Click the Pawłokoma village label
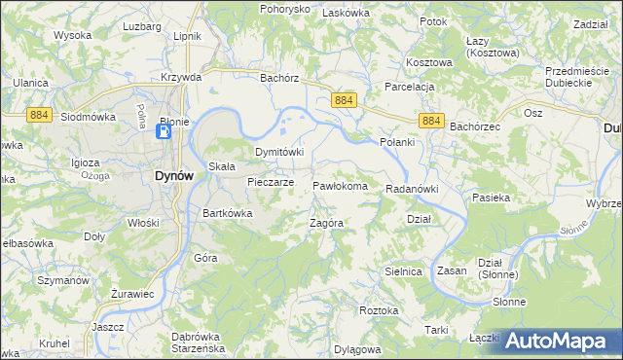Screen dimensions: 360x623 (340, 186)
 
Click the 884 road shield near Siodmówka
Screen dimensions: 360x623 (39, 115)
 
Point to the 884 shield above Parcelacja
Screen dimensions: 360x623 (344, 100)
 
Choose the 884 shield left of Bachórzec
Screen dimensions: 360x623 (433, 121)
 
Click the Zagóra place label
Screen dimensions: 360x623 (327, 223)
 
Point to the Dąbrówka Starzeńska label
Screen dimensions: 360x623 (211, 341)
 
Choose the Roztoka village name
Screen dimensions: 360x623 (379, 310)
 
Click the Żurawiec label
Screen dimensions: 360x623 (132, 293)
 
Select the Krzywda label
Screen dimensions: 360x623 (182, 77)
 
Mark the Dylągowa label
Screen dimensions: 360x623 (358, 347)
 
